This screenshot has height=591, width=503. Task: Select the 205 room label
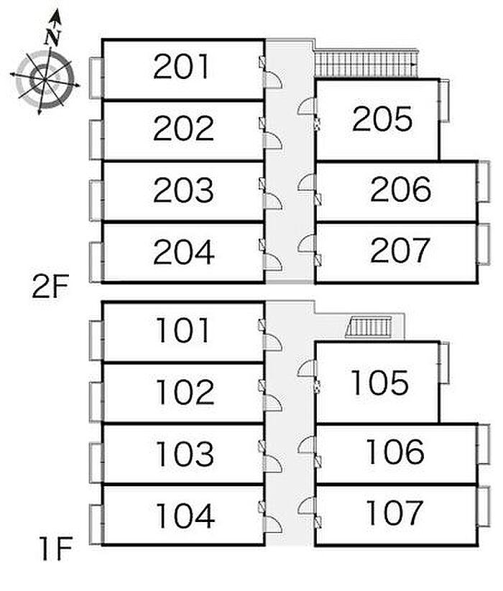(x=382, y=119)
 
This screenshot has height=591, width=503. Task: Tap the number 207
(x=400, y=251)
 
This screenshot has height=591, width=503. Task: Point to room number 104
(x=185, y=515)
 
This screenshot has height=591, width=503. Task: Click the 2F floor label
(x=50, y=288)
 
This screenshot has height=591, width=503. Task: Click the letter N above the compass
(x=52, y=37)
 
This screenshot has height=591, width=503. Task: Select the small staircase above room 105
(x=371, y=327)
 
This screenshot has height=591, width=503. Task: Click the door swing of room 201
(x=274, y=80)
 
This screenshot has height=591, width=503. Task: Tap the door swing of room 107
(x=306, y=506)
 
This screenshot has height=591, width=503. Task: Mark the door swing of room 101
(x=274, y=343)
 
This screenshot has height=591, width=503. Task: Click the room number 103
(x=185, y=454)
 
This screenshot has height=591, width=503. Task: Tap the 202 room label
(x=183, y=129)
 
